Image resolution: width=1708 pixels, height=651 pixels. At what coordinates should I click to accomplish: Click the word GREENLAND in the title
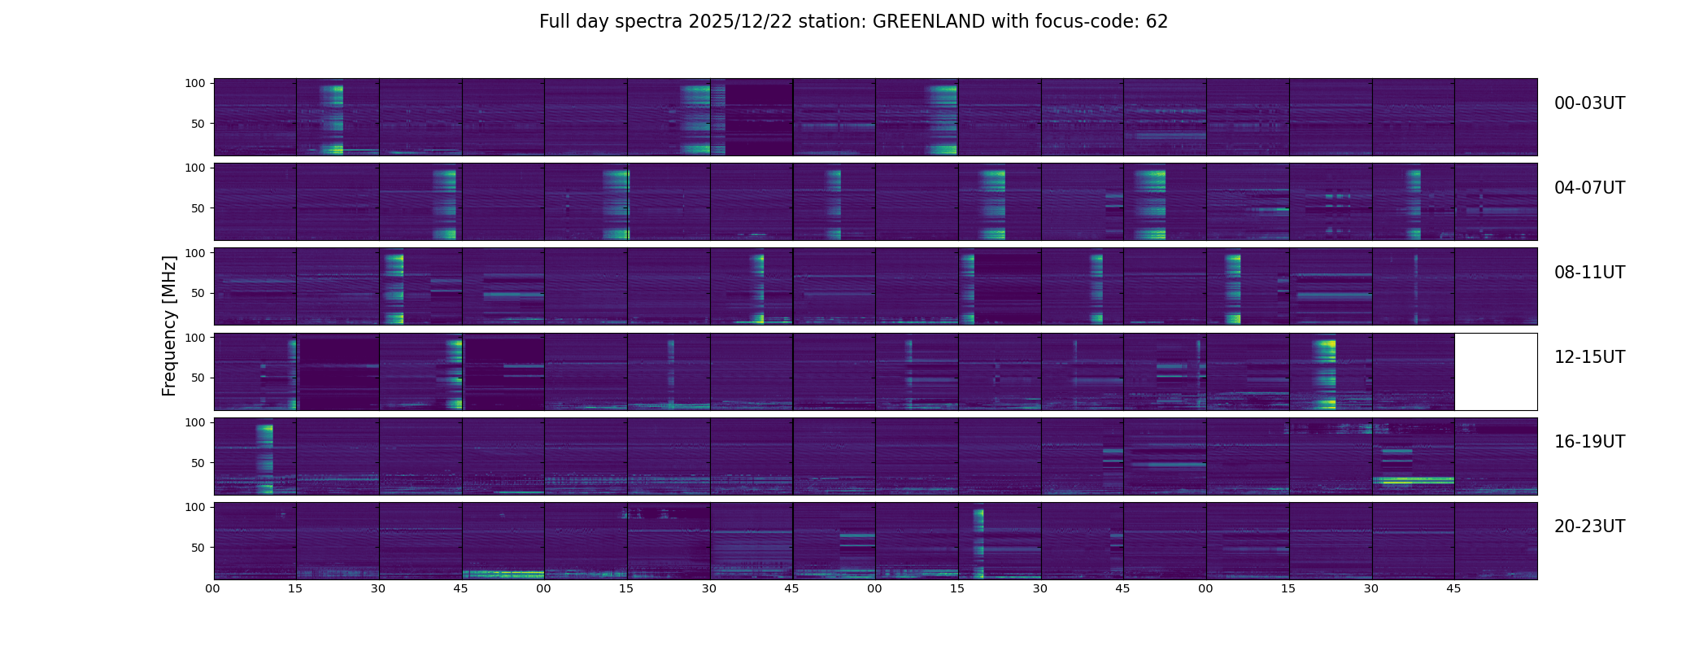pyautogui.click(x=929, y=22)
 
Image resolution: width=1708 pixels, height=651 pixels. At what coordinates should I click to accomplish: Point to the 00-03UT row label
pyautogui.click(x=1589, y=103)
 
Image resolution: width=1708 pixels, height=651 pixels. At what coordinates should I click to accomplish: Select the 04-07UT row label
pyautogui.click(x=1589, y=188)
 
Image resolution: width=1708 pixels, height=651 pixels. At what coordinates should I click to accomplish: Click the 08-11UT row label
pyautogui.click(x=1589, y=273)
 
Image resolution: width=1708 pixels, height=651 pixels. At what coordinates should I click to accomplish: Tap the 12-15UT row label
pyautogui.click(x=1589, y=357)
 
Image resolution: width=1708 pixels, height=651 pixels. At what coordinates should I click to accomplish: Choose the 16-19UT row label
pyautogui.click(x=1589, y=442)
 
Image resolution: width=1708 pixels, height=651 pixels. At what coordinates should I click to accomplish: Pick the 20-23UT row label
pyautogui.click(x=1589, y=526)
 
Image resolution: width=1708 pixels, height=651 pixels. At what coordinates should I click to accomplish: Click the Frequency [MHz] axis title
pyautogui.click(x=169, y=325)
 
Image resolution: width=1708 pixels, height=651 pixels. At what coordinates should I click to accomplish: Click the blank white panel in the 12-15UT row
pyautogui.click(x=1495, y=371)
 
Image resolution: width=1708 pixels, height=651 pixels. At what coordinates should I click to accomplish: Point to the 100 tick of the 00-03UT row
pyautogui.click(x=195, y=83)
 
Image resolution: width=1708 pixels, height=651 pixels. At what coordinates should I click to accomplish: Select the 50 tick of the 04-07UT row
pyautogui.click(x=198, y=208)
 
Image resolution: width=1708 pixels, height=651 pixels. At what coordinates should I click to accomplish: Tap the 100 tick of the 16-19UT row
pyautogui.click(x=195, y=422)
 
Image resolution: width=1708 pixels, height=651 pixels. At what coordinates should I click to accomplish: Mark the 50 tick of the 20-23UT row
pyautogui.click(x=198, y=548)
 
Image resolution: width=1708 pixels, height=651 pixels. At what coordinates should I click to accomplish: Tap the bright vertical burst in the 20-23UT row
pyautogui.click(x=978, y=541)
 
